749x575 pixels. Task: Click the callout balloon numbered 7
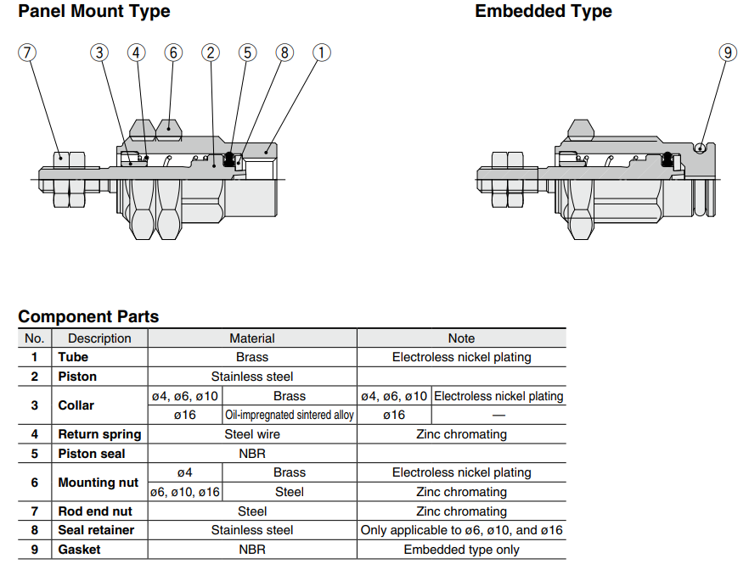point(27,53)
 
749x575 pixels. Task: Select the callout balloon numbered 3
point(100,53)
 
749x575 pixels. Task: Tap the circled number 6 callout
point(173,53)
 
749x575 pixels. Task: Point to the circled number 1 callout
point(321,53)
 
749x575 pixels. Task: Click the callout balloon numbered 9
point(728,53)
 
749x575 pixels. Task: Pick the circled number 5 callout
point(247,53)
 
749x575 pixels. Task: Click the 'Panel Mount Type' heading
point(94,12)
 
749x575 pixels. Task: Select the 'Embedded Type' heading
point(543,12)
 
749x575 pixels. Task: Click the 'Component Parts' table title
point(88,317)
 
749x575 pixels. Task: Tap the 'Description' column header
point(99,338)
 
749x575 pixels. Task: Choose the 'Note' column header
point(461,338)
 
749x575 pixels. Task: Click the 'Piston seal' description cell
point(91,454)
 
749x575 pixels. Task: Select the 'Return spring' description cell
point(99,434)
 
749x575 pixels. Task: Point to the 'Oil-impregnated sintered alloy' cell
point(290,416)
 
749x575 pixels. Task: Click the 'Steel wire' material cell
point(252,434)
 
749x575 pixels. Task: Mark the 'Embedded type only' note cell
point(461,550)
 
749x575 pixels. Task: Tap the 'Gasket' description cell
point(79,550)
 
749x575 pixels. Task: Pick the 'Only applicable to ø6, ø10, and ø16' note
point(461,530)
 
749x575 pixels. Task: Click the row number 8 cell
point(35,530)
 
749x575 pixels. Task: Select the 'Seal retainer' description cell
point(96,530)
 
